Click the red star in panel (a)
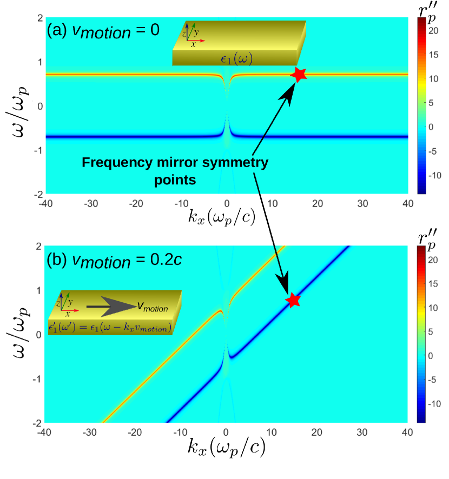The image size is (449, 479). click(x=299, y=75)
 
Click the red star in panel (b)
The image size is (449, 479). click(x=293, y=300)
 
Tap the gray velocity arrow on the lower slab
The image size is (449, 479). click(x=110, y=307)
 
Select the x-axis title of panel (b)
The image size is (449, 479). click(x=227, y=447)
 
